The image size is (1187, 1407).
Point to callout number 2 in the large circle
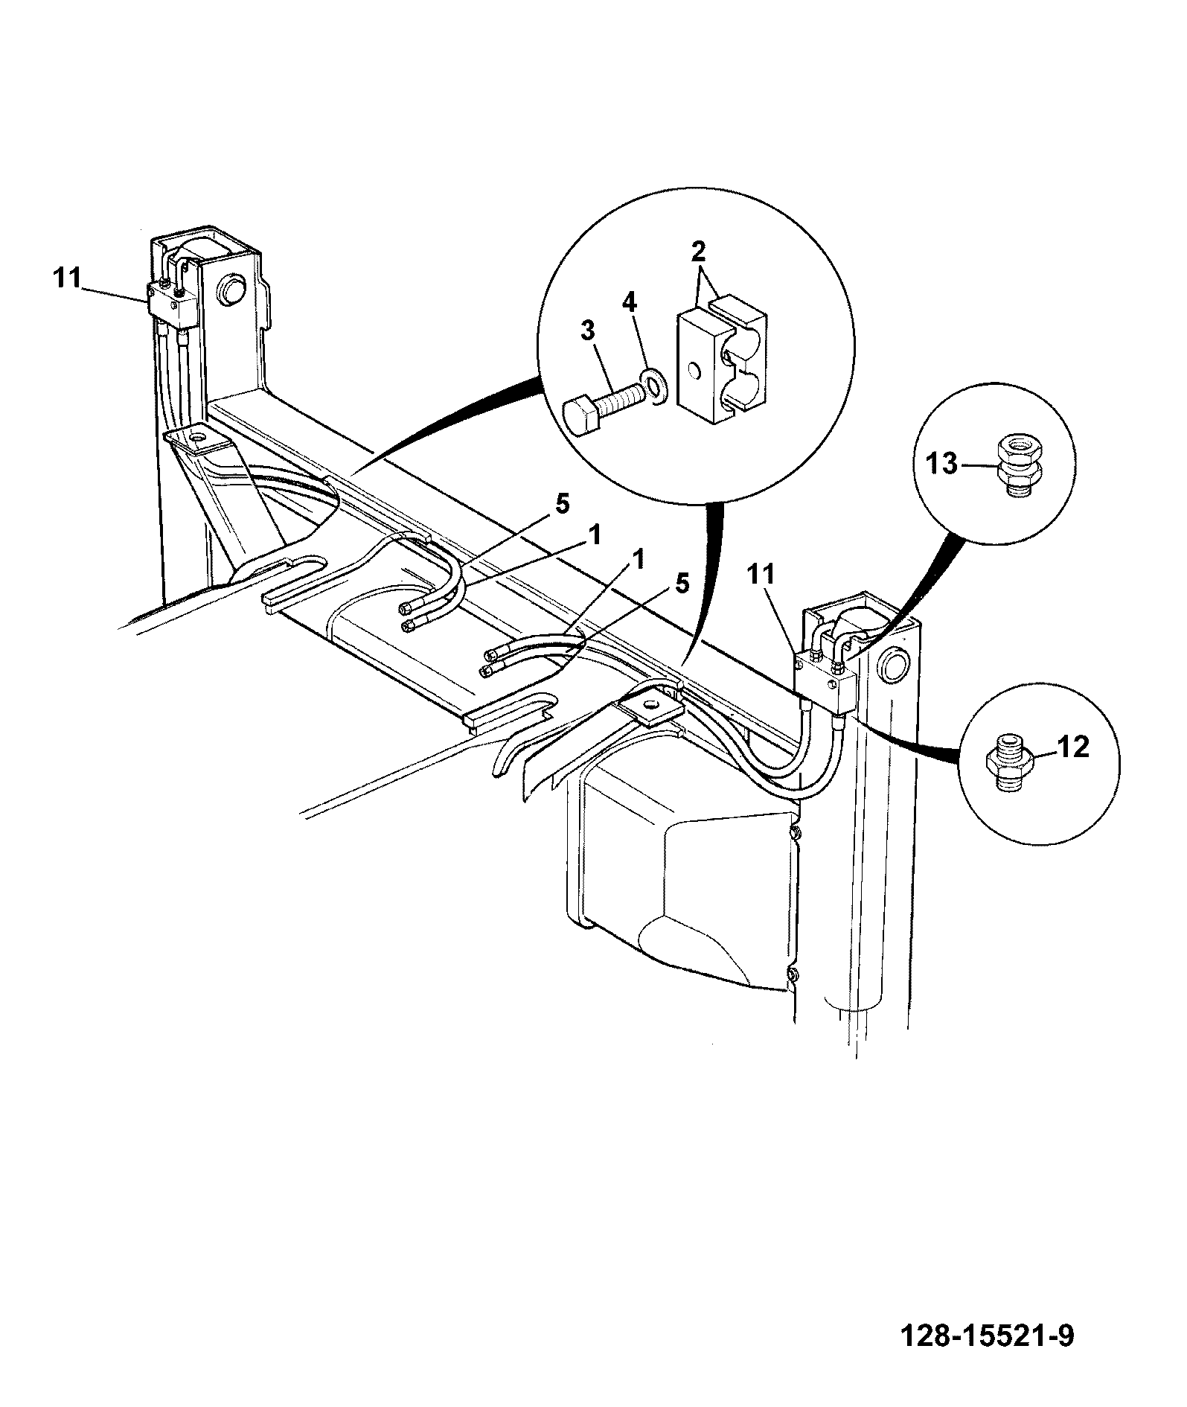coord(697,251)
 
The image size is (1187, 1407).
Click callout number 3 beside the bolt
coord(588,331)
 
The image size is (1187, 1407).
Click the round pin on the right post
coord(892,665)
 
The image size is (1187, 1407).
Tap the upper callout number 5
coord(562,504)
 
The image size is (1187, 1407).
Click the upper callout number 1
coord(595,534)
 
